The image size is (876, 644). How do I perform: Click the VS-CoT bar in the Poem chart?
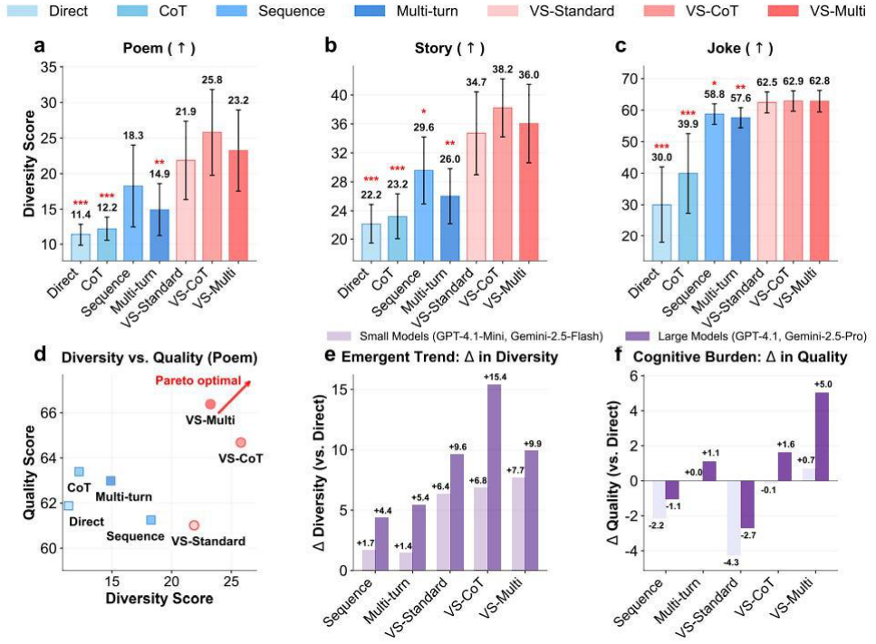(212, 196)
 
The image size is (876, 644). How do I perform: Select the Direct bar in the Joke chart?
(661, 233)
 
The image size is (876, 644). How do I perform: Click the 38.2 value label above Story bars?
(502, 69)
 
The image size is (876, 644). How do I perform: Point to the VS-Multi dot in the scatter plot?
(210, 404)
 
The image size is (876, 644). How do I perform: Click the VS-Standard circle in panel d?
(194, 525)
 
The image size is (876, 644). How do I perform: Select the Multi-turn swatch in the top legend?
(370, 11)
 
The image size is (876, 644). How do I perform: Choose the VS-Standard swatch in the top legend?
(502, 11)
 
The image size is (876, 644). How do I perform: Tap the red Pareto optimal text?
(198, 380)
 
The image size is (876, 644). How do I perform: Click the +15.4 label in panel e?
(495, 377)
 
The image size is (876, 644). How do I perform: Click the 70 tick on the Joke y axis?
(630, 79)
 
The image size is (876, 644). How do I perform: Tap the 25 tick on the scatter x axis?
(231, 582)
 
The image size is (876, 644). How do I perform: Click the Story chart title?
(449, 48)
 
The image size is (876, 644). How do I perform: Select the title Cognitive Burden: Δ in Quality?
(740, 356)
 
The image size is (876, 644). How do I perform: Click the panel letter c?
(621, 46)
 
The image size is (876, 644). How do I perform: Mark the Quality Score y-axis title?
(29, 473)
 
